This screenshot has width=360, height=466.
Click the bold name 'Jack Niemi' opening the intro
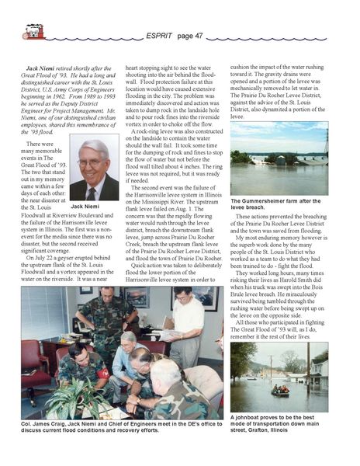40,68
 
